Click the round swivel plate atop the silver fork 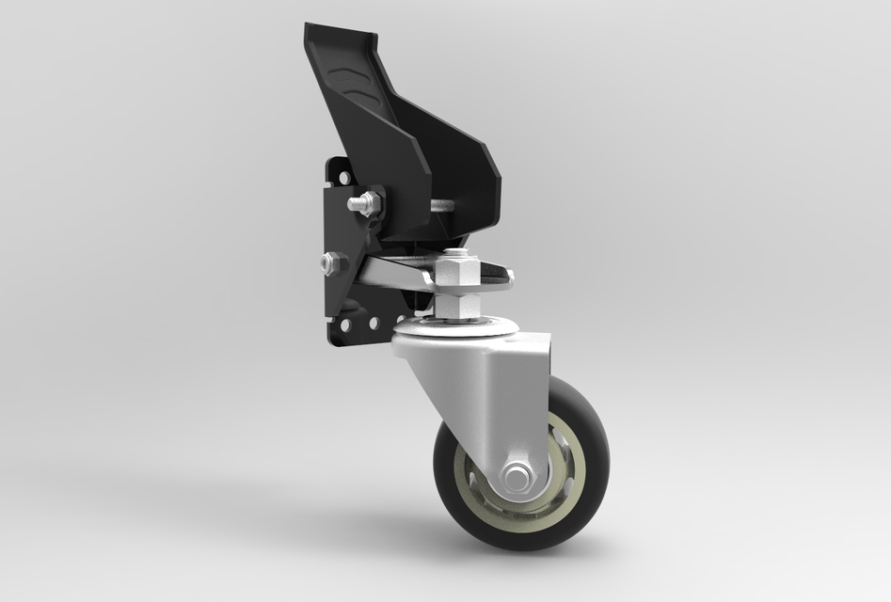coord(456,329)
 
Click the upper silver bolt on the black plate coord(363,202)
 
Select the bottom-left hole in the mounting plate coord(346,325)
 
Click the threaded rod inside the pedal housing coord(442,206)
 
